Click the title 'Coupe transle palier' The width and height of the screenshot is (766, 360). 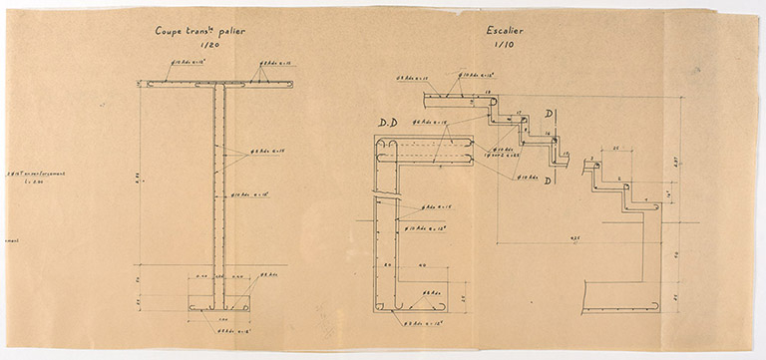[200, 31]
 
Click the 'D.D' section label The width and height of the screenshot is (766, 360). [387, 123]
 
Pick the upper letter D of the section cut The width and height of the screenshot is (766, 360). [552, 112]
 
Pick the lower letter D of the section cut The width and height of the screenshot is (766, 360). [548, 179]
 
